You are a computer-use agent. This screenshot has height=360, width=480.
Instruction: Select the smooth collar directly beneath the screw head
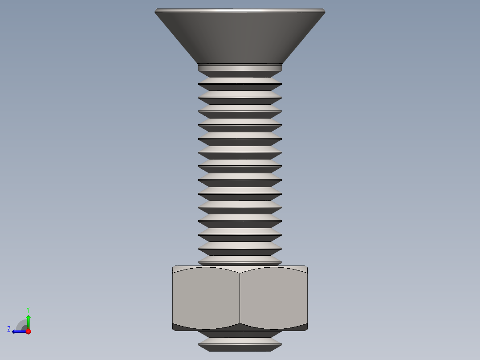[x=240, y=68]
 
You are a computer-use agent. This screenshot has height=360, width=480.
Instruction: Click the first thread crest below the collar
[x=240, y=81]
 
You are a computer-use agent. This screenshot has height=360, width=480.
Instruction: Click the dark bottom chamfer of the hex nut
[x=240, y=327]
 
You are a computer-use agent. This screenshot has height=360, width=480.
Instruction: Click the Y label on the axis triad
[x=28, y=309]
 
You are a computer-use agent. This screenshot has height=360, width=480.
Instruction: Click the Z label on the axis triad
[x=9, y=329]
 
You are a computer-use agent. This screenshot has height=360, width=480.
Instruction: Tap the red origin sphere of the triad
[x=28, y=331]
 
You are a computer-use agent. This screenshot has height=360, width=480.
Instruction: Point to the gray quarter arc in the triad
[x=21, y=324]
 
